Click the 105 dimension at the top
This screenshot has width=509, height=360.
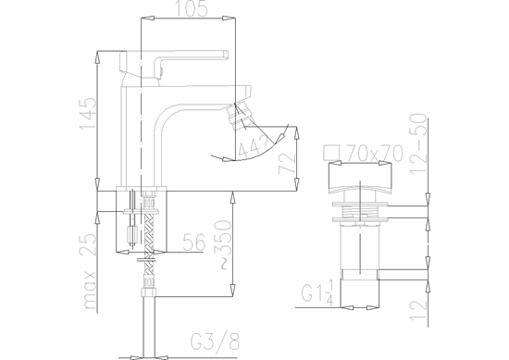[192, 8]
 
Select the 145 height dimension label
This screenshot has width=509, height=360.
[88, 113]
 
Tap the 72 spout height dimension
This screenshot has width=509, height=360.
[287, 163]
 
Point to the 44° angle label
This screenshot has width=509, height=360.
[254, 148]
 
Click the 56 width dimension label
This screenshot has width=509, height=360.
[194, 242]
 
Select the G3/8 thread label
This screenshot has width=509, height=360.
[216, 341]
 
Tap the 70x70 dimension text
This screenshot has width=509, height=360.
[374, 153]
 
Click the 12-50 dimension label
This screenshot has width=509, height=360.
[418, 143]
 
